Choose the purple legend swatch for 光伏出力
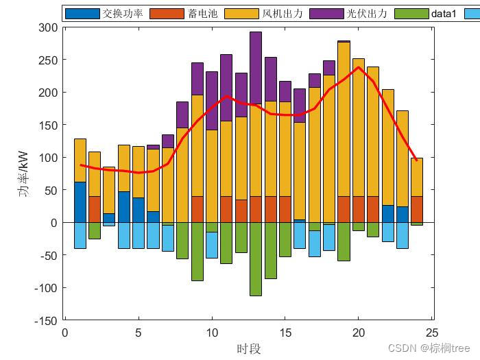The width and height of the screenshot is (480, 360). coord(326,13)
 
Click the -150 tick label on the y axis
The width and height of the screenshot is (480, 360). coord(45,320)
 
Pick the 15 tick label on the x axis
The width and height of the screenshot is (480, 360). coord(285,333)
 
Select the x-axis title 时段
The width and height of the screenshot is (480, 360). coord(249,349)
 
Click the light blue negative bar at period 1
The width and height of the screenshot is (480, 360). coord(80,235)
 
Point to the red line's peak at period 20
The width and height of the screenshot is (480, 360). coord(358,67)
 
